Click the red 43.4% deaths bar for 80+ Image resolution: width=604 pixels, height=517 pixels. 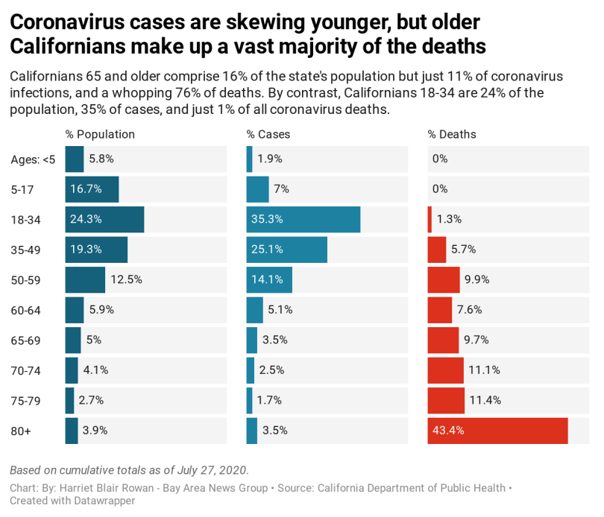tap(497, 431)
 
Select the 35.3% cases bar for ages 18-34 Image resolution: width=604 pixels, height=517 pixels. tap(303, 219)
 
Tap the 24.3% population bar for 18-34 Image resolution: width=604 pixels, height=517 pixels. tap(104, 219)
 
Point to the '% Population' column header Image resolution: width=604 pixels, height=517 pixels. tap(100, 135)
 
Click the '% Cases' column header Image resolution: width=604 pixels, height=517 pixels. tap(268, 135)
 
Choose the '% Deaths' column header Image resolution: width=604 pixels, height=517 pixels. tap(452, 135)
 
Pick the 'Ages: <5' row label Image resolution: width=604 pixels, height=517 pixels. tap(33, 159)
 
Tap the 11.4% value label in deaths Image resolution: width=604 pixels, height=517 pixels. tap(485, 400)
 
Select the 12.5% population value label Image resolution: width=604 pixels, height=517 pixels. tap(127, 280)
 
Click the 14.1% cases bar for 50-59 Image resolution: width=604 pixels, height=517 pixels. tap(269, 280)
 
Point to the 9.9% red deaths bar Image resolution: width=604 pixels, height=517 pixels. tap(444, 280)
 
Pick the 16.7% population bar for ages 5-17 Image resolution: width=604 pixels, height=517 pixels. tap(92, 189)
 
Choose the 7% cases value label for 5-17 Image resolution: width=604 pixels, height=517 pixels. tap(281, 189)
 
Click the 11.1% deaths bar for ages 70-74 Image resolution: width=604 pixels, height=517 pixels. tap(446, 370)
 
